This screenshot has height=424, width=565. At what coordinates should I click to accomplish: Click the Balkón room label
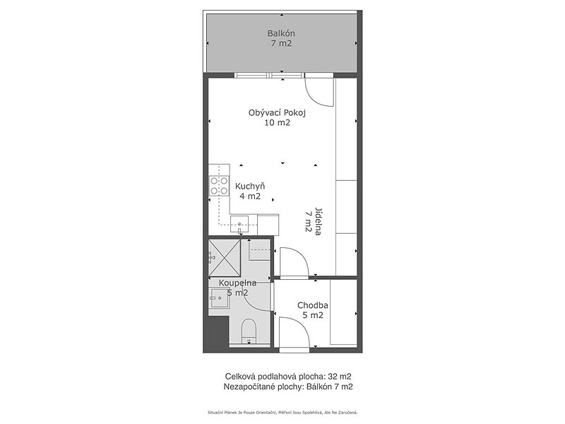click(x=281, y=33)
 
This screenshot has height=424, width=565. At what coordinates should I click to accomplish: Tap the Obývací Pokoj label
click(x=277, y=113)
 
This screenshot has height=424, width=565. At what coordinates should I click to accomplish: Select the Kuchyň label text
click(x=250, y=187)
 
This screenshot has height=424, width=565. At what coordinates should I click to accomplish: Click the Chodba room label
click(x=312, y=305)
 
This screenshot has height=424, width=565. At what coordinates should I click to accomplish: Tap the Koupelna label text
click(x=237, y=283)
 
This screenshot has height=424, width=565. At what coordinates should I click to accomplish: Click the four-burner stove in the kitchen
click(x=219, y=186)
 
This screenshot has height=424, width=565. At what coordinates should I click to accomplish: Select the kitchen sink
click(x=239, y=224)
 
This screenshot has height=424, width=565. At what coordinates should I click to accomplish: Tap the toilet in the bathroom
click(x=249, y=331)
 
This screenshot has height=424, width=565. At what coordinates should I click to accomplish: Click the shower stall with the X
click(x=225, y=257)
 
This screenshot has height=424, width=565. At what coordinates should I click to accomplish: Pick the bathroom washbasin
click(x=219, y=298)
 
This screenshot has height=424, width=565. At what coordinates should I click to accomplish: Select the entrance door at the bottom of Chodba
click(x=294, y=333)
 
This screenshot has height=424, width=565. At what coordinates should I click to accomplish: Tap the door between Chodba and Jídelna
click(x=294, y=262)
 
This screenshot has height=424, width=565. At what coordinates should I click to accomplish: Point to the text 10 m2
click(x=277, y=123)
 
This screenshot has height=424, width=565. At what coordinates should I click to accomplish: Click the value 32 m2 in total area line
click(x=340, y=377)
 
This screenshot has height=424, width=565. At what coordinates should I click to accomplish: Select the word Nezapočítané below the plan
click(x=246, y=387)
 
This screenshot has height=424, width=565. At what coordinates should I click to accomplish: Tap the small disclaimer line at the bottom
click(x=282, y=412)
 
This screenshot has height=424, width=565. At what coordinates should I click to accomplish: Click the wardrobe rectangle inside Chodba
click(x=343, y=312)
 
